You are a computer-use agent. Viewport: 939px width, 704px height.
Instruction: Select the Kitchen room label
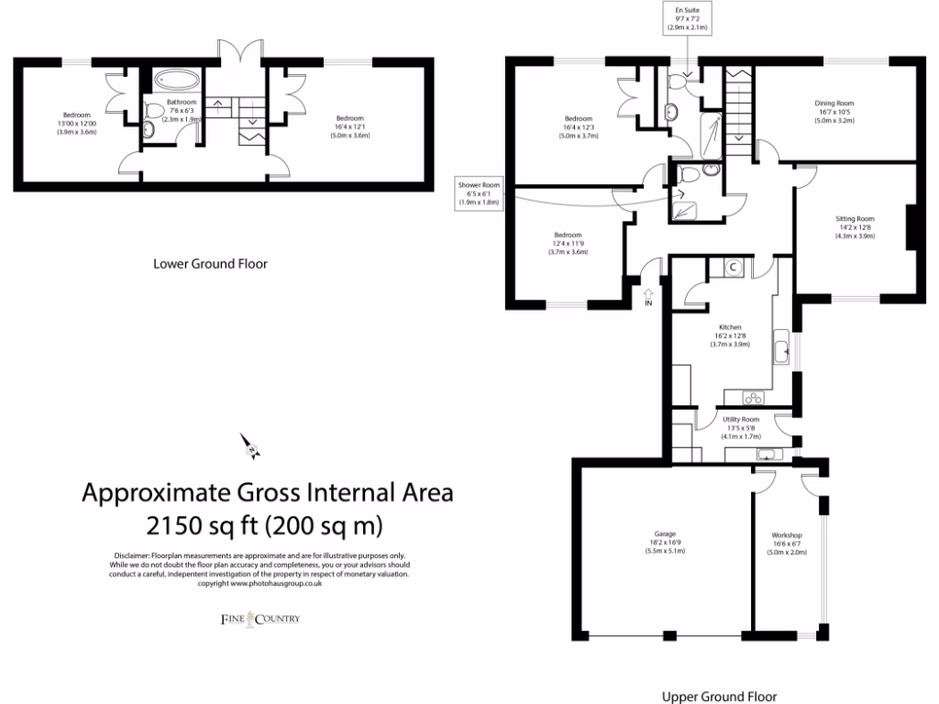pos(729,335)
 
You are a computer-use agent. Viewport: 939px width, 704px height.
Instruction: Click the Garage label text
pos(666,541)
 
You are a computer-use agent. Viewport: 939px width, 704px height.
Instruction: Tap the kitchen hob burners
pos(753,398)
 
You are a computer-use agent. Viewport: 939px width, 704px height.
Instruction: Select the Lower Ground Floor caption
pos(210,264)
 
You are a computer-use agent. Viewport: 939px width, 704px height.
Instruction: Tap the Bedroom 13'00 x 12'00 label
pos(76,123)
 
